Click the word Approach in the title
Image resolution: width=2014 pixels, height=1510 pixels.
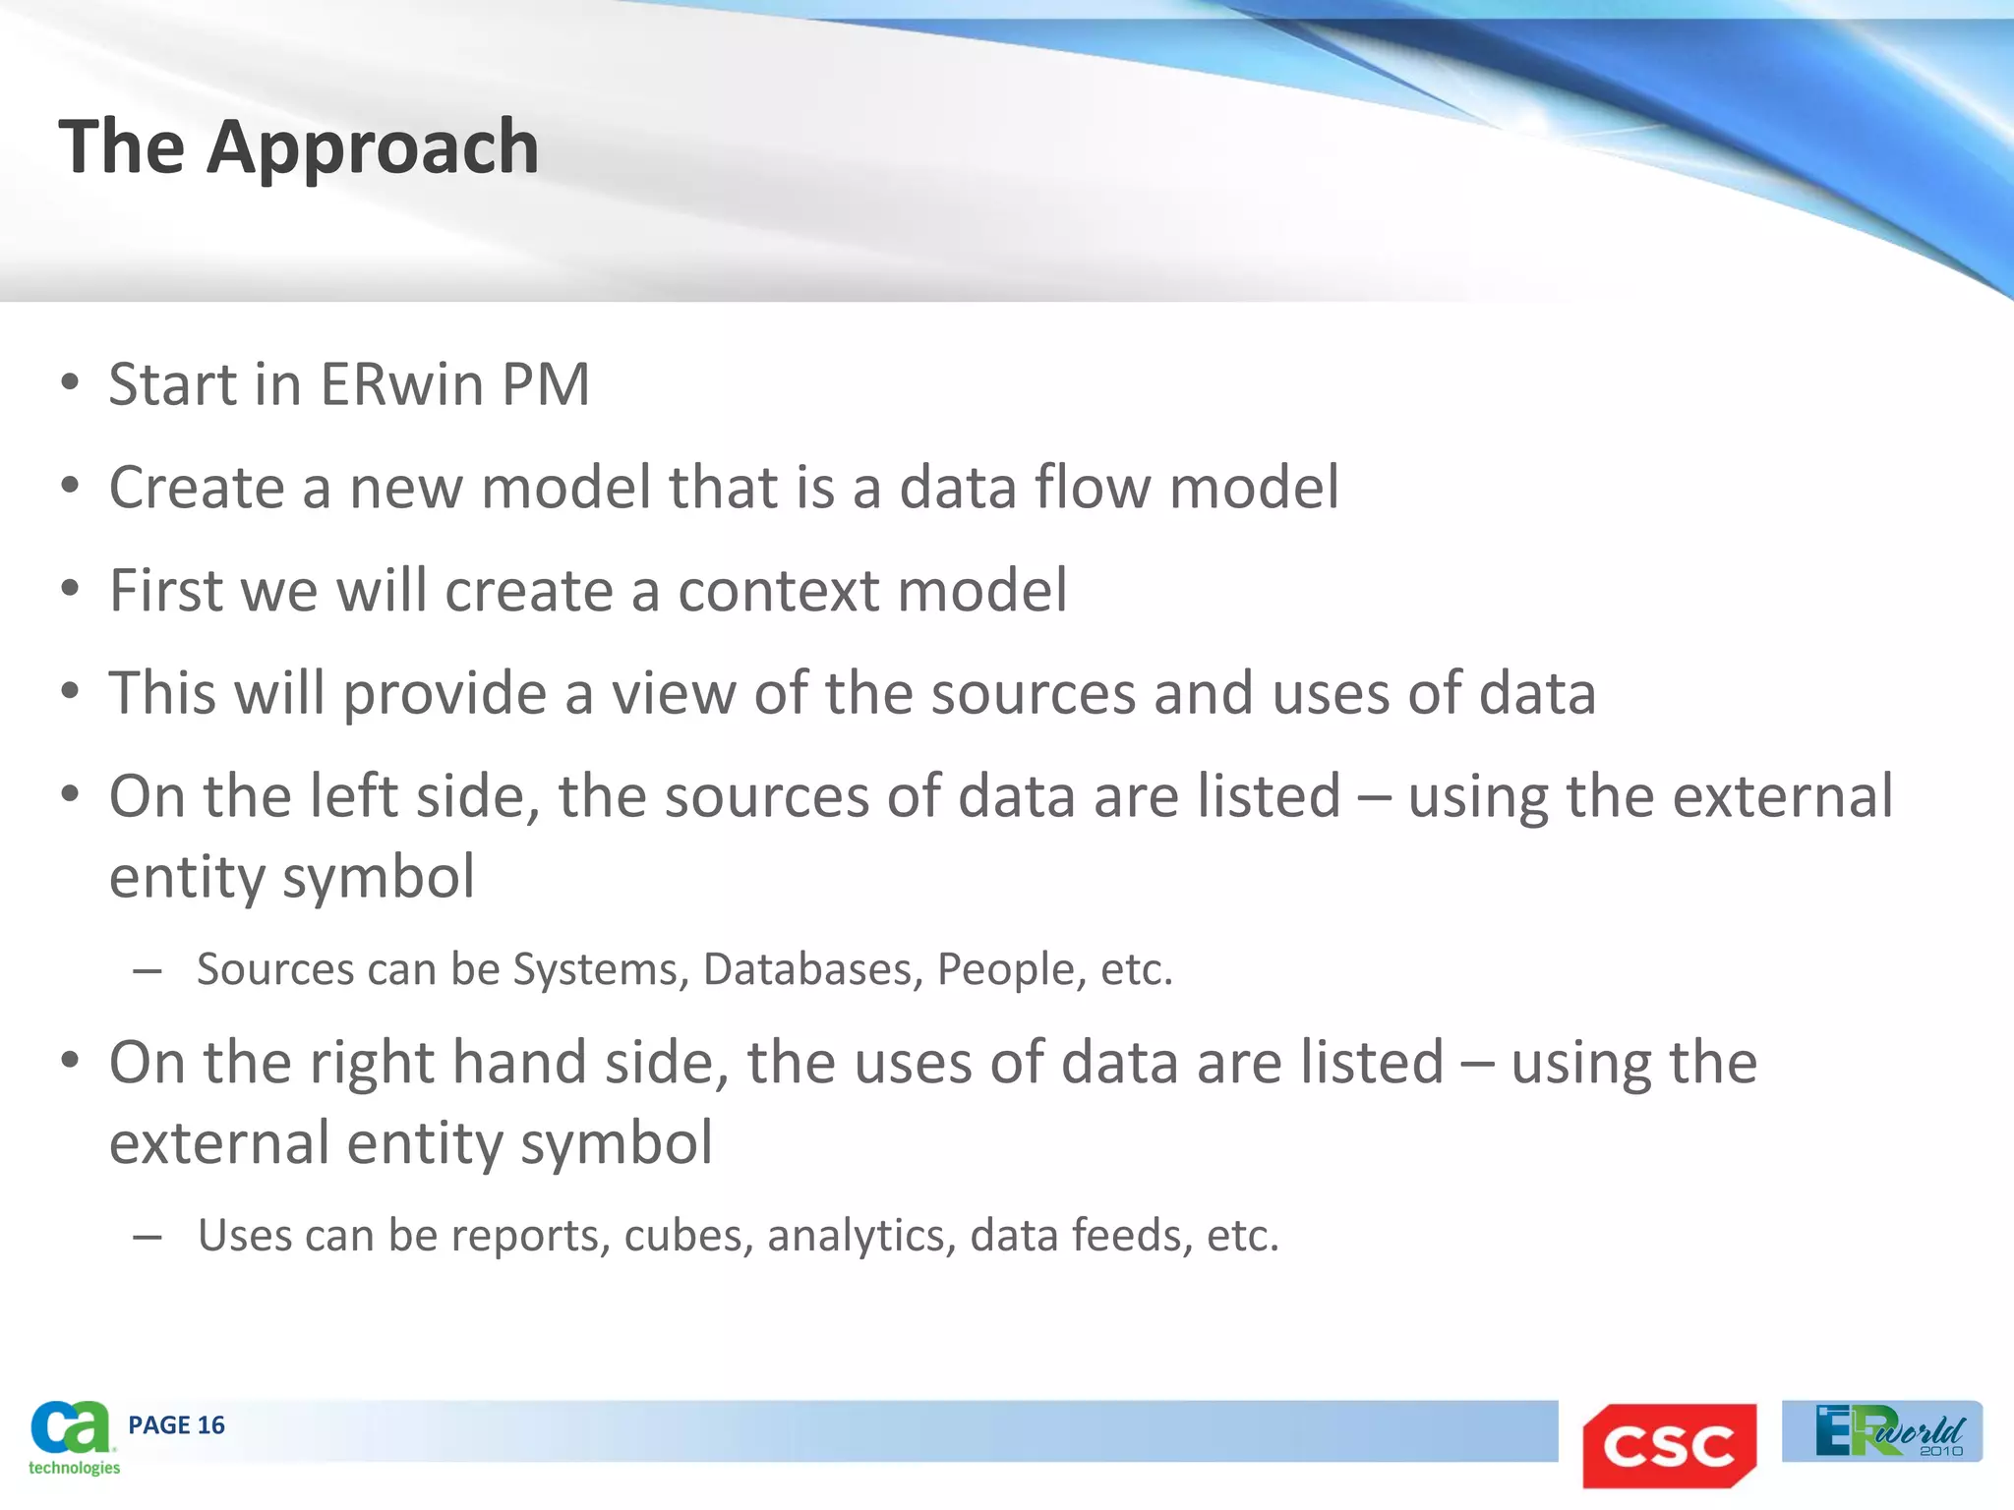[x=373, y=147]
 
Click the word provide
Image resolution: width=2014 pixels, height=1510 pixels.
[x=444, y=694]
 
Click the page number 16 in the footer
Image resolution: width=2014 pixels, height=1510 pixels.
[x=210, y=1425]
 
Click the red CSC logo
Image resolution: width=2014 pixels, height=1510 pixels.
[x=1669, y=1445]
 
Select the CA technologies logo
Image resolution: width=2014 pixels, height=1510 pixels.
[x=72, y=1437]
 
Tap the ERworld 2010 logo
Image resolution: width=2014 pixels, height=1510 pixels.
[x=1882, y=1431]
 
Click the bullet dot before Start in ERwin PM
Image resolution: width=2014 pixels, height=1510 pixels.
[x=69, y=383]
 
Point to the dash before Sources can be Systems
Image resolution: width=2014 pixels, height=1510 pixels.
[x=148, y=971]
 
